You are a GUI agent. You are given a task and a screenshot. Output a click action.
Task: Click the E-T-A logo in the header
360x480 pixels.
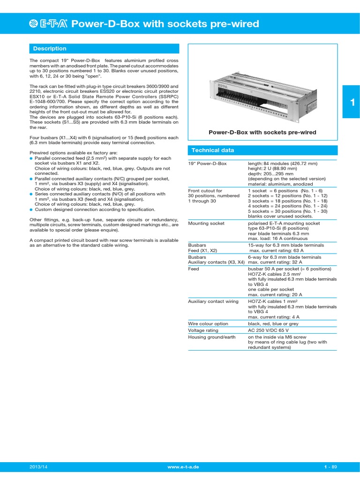pyautogui.click(x=48, y=24)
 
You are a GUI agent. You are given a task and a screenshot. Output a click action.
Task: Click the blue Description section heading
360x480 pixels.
pyautogui.click(x=49, y=49)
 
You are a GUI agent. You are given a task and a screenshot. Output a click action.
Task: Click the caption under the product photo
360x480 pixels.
pyautogui.click(x=262, y=133)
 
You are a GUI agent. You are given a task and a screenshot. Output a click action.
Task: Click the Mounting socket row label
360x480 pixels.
pyautogui.click(x=206, y=224)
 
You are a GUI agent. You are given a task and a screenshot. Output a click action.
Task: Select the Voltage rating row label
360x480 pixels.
pyautogui.click(x=203, y=330)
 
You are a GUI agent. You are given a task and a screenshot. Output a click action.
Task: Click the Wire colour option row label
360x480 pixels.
pyautogui.click(x=208, y=323)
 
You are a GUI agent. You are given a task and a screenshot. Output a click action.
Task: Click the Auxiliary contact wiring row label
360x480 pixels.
pyautogui.click(x=213, y=301)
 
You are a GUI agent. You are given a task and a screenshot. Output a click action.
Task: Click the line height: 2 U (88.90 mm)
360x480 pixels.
pyautogui.click(x=272, y=168)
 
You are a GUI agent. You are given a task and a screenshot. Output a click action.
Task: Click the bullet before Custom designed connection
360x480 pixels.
pyautogui.click(x=31, y=210)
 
